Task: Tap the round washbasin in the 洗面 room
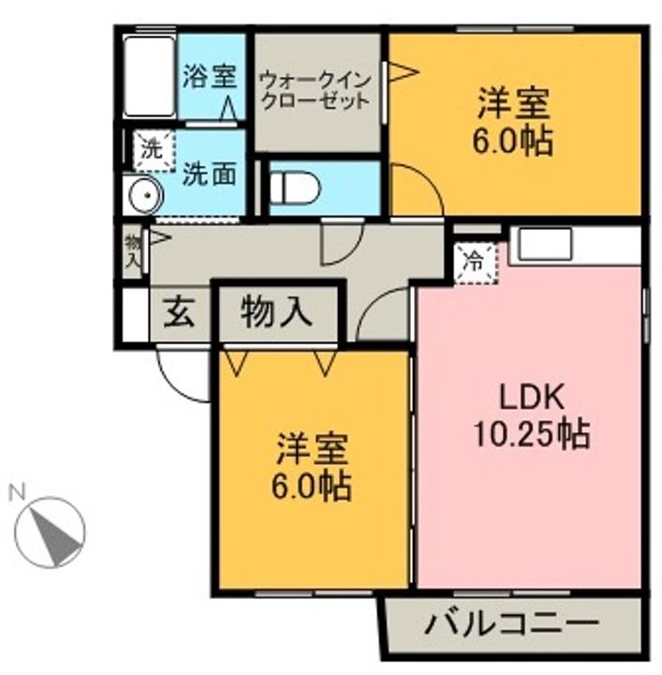pyautogui.click(x=143, y=198)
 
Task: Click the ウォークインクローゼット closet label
pyautogui.click(x=316, y=90)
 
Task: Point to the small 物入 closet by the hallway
pyautogui.click(x=133, y=251)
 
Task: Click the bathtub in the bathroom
pyautogui.click(x=150, y=77)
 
